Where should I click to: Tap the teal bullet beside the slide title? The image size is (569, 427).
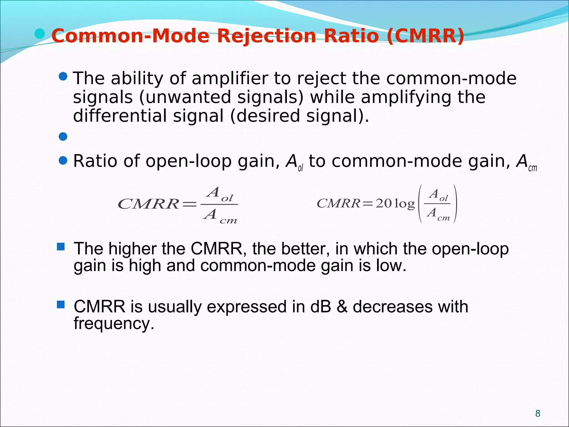pos(40,34)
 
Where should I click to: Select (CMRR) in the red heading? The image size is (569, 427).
pos(425,36)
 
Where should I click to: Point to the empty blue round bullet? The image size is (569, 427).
pos(63,136)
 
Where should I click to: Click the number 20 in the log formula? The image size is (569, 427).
pos(384,204)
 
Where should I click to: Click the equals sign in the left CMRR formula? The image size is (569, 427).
pos(189,205)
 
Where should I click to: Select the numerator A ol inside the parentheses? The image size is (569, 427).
pos(438,195)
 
